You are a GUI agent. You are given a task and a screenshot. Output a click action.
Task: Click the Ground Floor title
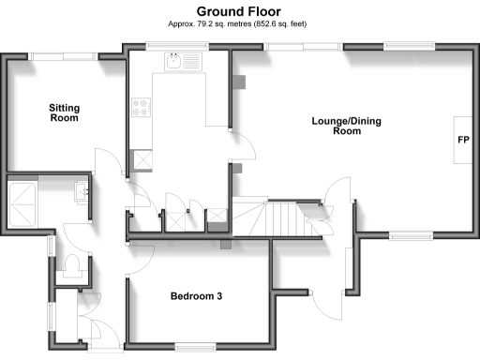[x=240, y=9]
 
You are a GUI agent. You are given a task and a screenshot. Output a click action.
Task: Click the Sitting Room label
[x=64, y=113]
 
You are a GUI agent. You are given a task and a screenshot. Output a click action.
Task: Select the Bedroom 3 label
[x=196, y=297]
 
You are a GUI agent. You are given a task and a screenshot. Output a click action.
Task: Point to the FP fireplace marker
[x=462, y=141]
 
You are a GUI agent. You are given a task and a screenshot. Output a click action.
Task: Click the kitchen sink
[x=175, y=63]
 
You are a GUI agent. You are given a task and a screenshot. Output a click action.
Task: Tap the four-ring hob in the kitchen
[x=142, y=108]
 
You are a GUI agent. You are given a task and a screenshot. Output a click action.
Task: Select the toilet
[x=73, y=267]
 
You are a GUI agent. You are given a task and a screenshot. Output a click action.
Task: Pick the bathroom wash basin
[x=81, y=194]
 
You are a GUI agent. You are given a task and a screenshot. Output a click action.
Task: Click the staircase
[x=271, y=220]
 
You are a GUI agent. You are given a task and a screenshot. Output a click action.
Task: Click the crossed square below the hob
[x=142, y=157]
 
